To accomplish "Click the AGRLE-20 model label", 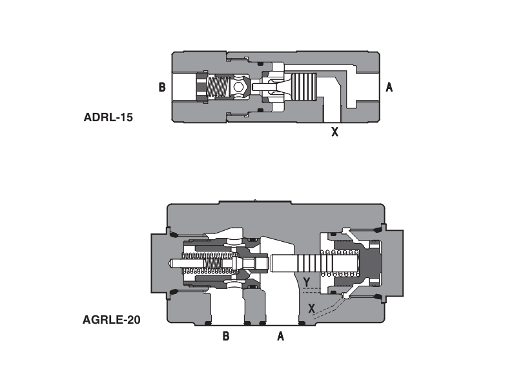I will click(x=112, y=319).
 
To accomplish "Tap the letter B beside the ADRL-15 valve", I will click(x=162, y=87).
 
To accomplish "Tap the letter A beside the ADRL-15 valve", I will click(x=389, y=87).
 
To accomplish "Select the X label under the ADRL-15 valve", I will click(x=334, y=133).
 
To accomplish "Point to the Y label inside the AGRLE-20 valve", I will click(x=307, y=281).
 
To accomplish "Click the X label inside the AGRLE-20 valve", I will click(x=312, y=308).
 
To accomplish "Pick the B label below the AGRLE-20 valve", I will click(x=225, y=336).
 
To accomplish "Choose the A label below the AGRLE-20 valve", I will click(x=280, y=336).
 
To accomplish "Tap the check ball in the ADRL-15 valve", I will click(x=240, y=86).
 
